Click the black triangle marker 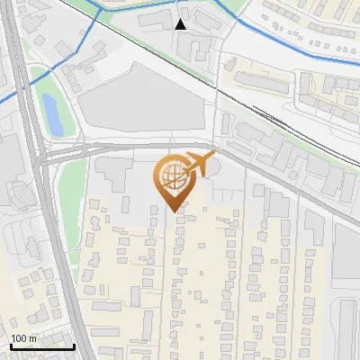[x=181, y=24]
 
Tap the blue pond [x=52, y=116]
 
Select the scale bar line [x=41, y=346]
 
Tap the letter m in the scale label [x=33, y=338]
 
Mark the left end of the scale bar [x=10, y=346]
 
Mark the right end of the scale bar [x=74, y=346]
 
